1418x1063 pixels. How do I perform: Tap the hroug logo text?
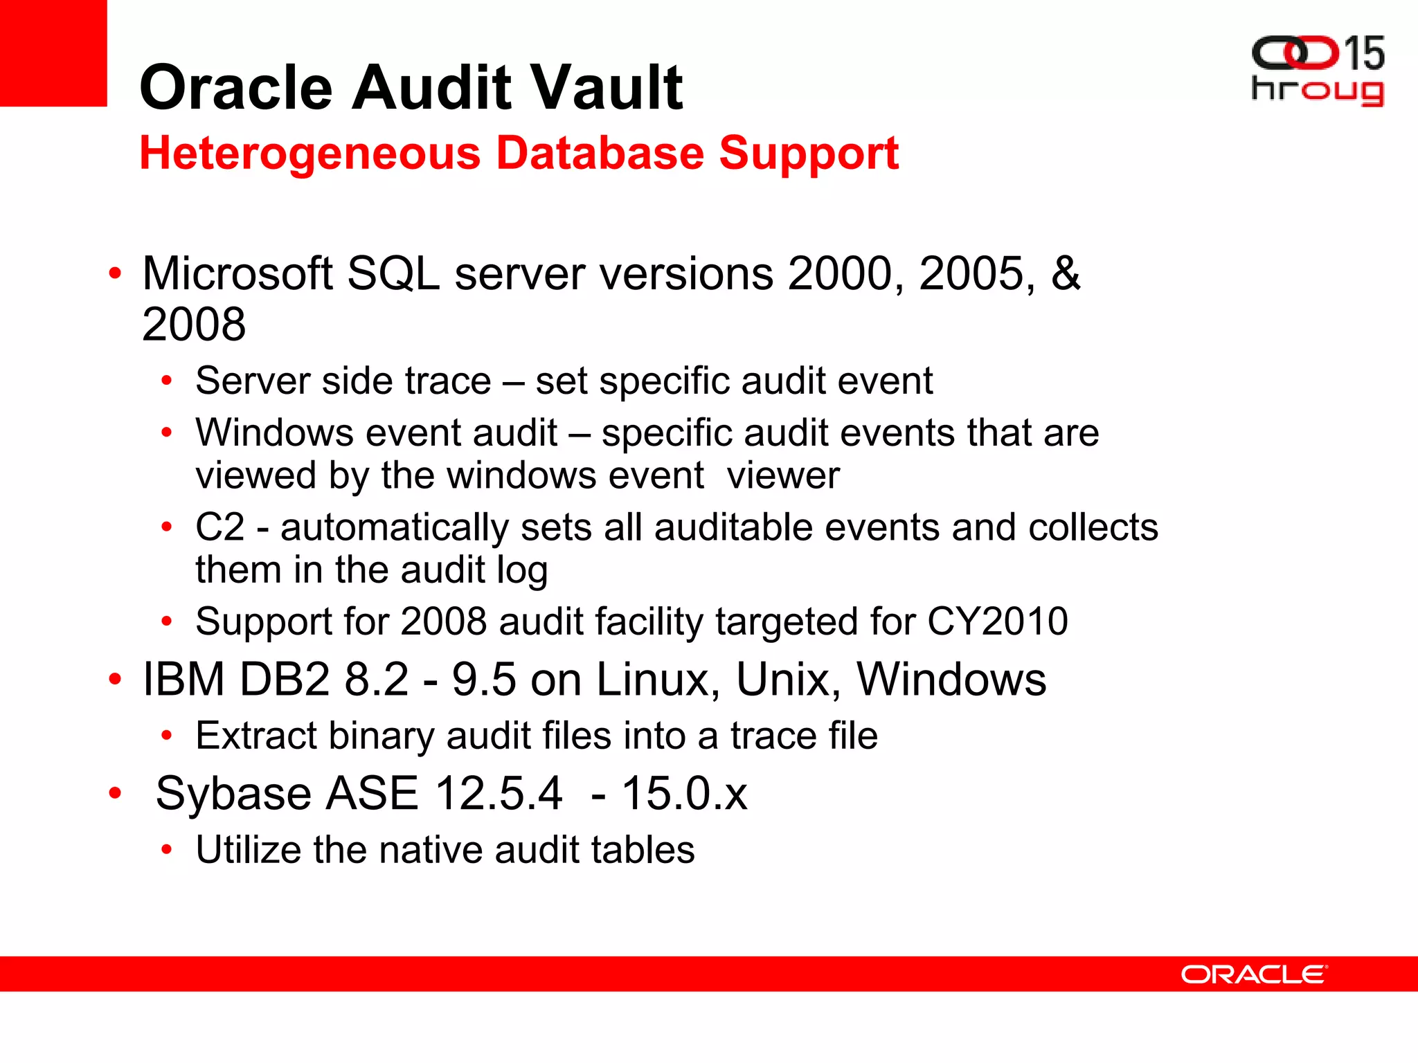(1317, 91)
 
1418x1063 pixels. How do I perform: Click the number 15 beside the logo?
(1363, 54)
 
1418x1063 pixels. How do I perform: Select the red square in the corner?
(53, 53)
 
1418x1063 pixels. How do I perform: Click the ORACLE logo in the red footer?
(1253, 974)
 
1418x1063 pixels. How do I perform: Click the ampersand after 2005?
(1065, 273)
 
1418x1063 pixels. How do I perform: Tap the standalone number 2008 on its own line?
(194, 324)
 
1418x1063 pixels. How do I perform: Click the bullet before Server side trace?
(166, 381)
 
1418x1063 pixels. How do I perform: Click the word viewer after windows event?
(783, 475)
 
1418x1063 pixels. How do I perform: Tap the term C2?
(219, 527)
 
